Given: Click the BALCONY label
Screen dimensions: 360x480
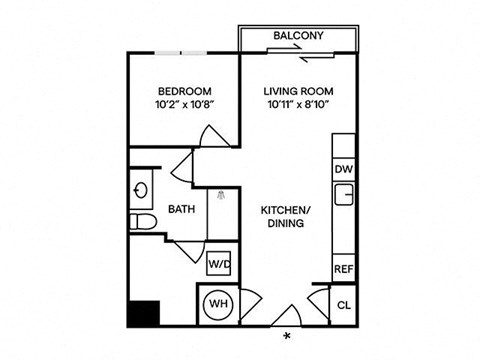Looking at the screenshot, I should [298, 37].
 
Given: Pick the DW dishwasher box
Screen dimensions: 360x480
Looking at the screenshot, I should [344, 169].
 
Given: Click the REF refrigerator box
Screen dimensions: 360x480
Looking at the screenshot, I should [344, 269].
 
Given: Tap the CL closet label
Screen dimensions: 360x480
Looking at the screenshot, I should [344, 305].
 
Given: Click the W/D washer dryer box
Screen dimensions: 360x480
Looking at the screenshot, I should [219, 264].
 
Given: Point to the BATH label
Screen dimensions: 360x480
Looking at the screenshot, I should [181, 210].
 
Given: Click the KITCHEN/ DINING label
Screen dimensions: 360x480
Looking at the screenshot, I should [283, 217].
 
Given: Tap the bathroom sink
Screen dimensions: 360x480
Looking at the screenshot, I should [141, 187].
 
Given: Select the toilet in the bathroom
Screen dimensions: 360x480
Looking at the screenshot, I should [141, 220].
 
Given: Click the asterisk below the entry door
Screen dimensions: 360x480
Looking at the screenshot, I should [288, 335].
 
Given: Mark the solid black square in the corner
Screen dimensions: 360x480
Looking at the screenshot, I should [141, 314].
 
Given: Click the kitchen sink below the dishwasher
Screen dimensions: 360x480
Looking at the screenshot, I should [344, 194].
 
